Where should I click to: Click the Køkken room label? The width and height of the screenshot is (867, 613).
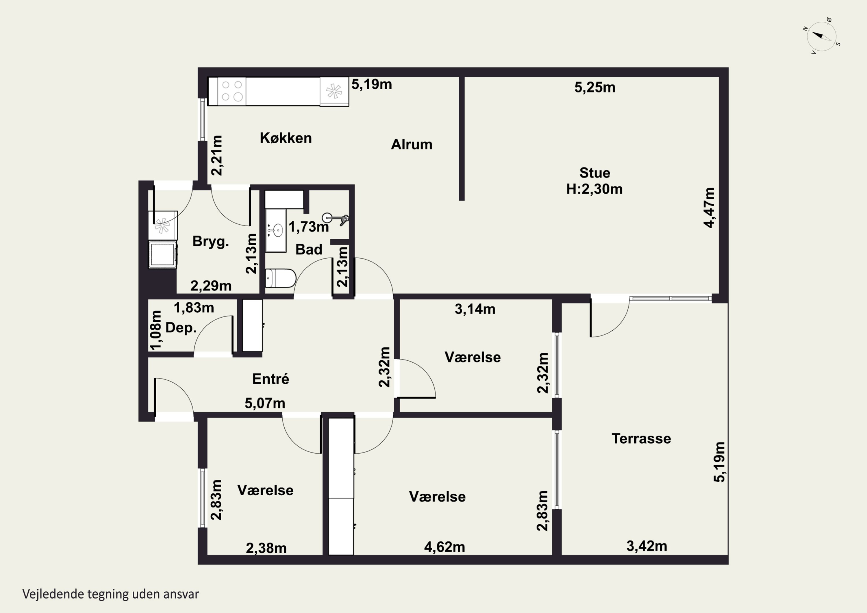(x=286, y=138)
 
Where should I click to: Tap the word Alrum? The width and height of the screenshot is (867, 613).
(x=412, y=144)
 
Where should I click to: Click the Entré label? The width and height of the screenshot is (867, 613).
(x=271, y=379)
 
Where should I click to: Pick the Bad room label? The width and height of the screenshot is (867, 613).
(x=309, y=249)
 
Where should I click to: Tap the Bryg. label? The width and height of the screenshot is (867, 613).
(x=211, y=241)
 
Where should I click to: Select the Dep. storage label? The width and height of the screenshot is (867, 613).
(x=181, y=328)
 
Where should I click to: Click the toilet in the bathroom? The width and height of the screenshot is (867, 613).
(x=280, y=278)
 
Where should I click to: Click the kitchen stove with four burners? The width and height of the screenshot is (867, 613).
(x=232, y=91)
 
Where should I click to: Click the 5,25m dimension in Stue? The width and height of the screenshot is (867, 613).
(x=595, y=87)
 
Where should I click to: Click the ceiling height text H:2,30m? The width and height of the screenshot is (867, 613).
(x=594, y=189)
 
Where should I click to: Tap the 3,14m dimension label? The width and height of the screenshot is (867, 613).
(x=475, y=309)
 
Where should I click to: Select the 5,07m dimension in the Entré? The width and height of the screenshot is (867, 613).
(x=265, y=403)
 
